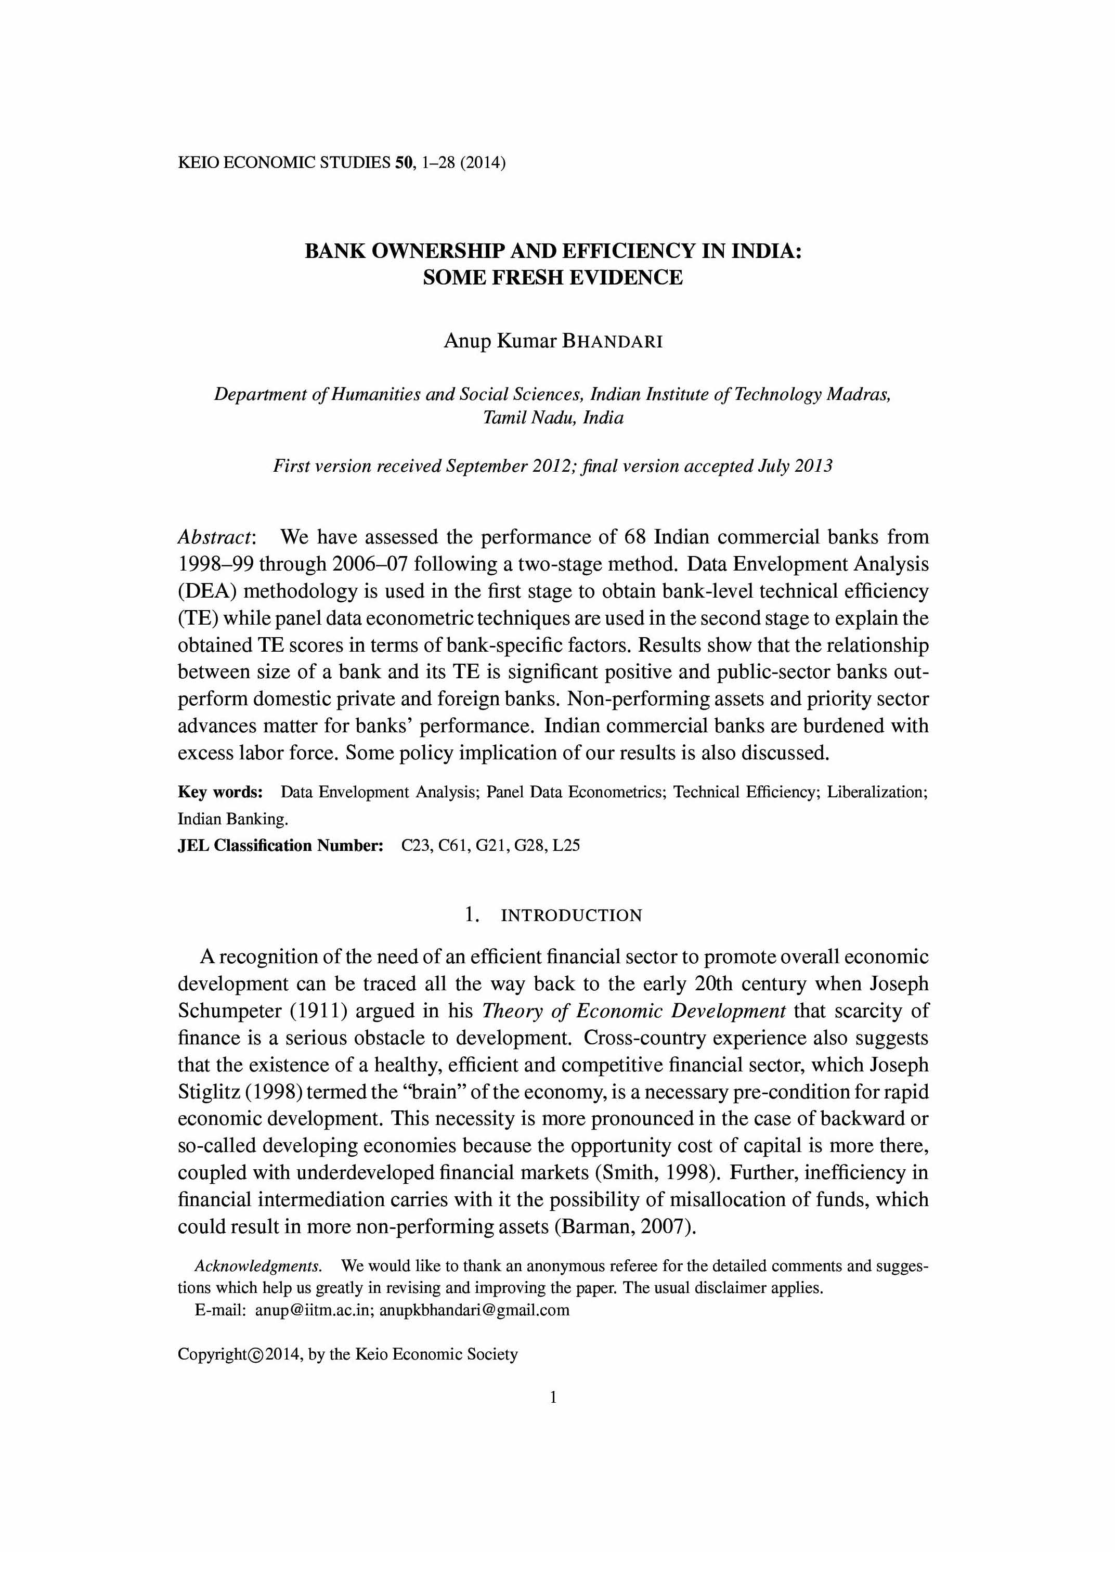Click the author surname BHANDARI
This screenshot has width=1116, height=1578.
[612, 342]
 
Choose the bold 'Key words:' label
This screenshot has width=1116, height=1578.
[220, 793]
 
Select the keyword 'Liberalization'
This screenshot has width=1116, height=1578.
[876, 793]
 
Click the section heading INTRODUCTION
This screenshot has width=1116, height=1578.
[571, 915]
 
